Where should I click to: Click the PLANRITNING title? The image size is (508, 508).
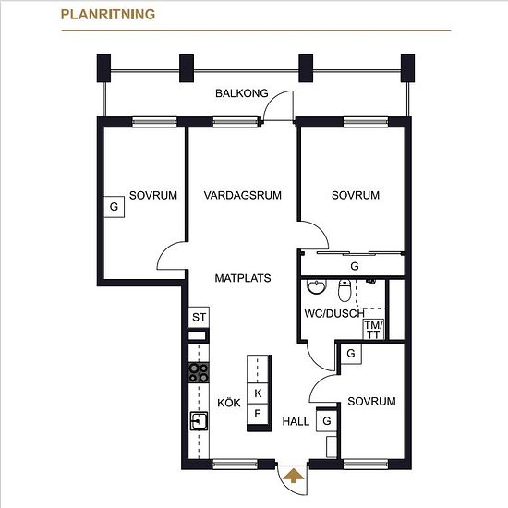click(108, 15)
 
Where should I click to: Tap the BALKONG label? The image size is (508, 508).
click(242, 93)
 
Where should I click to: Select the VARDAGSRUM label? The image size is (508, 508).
click(243, 195)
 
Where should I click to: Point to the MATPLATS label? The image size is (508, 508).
click(243, 278)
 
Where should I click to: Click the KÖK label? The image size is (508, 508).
click(229, 403)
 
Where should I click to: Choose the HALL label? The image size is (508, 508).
click(296, 421)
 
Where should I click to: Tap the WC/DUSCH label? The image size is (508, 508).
click(334, 313)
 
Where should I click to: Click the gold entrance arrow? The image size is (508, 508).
click(294, 476)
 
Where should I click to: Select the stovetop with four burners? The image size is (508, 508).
click(199, 372)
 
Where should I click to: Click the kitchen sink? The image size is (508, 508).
click(199, 421)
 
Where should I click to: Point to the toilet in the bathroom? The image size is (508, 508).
click(345, 290)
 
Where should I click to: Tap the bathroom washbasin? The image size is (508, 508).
click(316, 286)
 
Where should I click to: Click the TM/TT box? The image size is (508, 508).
click(373, 330)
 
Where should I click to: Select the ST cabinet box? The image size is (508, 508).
click(199, 317)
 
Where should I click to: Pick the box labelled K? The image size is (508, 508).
click(258, 393)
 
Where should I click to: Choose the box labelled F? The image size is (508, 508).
click(258, 414)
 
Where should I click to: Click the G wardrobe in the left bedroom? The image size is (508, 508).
click(114, 206)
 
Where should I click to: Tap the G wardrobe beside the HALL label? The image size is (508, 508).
click(327, 421)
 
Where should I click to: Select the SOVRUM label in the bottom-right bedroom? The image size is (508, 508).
click(371, 402)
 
